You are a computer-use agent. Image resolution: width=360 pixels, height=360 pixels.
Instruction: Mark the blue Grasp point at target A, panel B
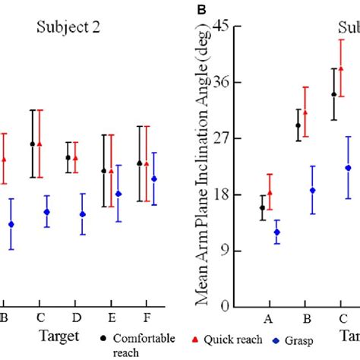click(x=277, y=232)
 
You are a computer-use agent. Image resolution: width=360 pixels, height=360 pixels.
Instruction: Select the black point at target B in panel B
click(x=298, y=125)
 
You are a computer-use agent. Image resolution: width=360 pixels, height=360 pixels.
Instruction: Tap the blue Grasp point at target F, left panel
click(x=154, y=179)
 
